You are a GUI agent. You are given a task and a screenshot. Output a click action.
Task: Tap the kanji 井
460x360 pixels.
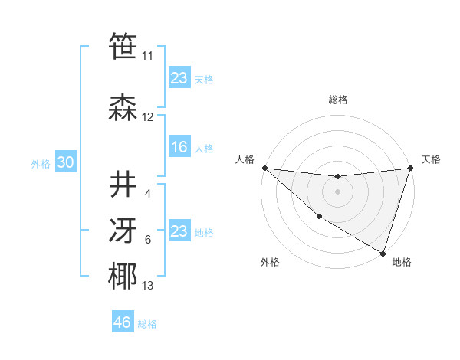coord(123,185)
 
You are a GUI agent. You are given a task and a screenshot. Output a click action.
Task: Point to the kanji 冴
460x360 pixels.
coord(123,231)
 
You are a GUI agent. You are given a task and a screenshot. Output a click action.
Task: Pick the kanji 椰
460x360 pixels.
coord(123,277)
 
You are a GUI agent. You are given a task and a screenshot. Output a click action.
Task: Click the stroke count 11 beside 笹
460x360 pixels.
coord(147,56)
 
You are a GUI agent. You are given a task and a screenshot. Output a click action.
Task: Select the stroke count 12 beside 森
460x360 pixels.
coord(148,117)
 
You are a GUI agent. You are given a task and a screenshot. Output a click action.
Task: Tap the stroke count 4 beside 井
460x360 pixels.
coord(148,193)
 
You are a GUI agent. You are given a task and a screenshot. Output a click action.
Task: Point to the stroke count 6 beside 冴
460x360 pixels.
coord(148,240)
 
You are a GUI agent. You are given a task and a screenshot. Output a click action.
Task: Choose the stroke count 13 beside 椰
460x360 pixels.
coord(148,286)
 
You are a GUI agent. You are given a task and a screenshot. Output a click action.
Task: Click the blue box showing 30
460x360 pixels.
coord(65,163)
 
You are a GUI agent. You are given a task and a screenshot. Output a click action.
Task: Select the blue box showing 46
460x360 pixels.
coord(123,322)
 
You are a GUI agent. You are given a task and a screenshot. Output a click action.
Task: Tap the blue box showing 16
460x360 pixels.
coord(179,147)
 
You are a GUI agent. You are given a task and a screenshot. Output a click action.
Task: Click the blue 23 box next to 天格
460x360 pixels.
coord(179,78)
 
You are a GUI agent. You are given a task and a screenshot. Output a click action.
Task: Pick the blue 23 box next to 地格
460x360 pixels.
coord(179,231)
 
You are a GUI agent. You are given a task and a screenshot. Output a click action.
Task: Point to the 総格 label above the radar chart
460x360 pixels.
coord(338,100)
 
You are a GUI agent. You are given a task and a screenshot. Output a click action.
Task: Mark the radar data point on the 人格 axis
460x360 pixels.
coord(264,168)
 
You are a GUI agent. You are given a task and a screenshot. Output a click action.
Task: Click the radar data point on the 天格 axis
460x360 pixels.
coord(411,168)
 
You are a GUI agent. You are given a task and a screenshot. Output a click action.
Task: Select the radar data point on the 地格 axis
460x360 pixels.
coord(383,253)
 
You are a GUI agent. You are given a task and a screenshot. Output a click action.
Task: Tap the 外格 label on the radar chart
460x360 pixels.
coord(270,262)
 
